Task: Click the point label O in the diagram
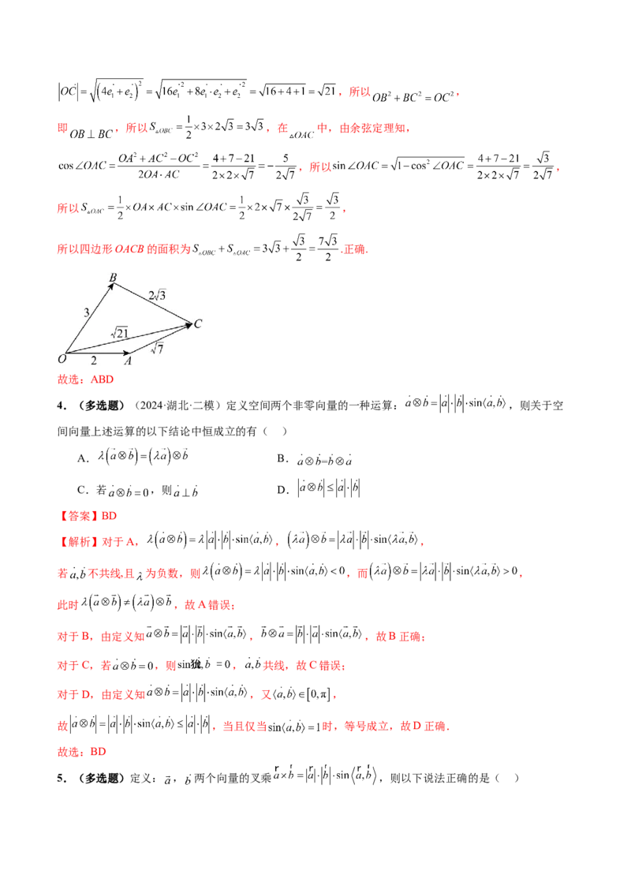click(62, 359)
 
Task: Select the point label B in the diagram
click(112, 278)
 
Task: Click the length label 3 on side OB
click(85, 313)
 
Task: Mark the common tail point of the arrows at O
click(67, 353)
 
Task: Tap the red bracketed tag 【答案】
click(79, 517)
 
